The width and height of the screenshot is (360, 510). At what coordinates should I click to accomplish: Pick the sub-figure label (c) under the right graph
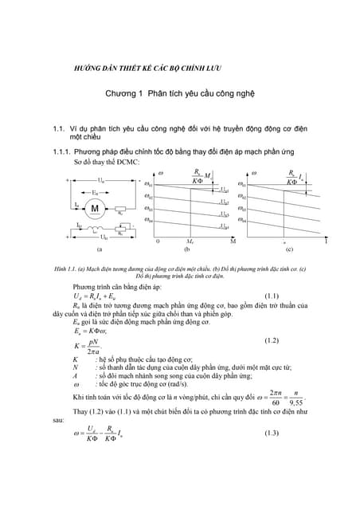(288, 249)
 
